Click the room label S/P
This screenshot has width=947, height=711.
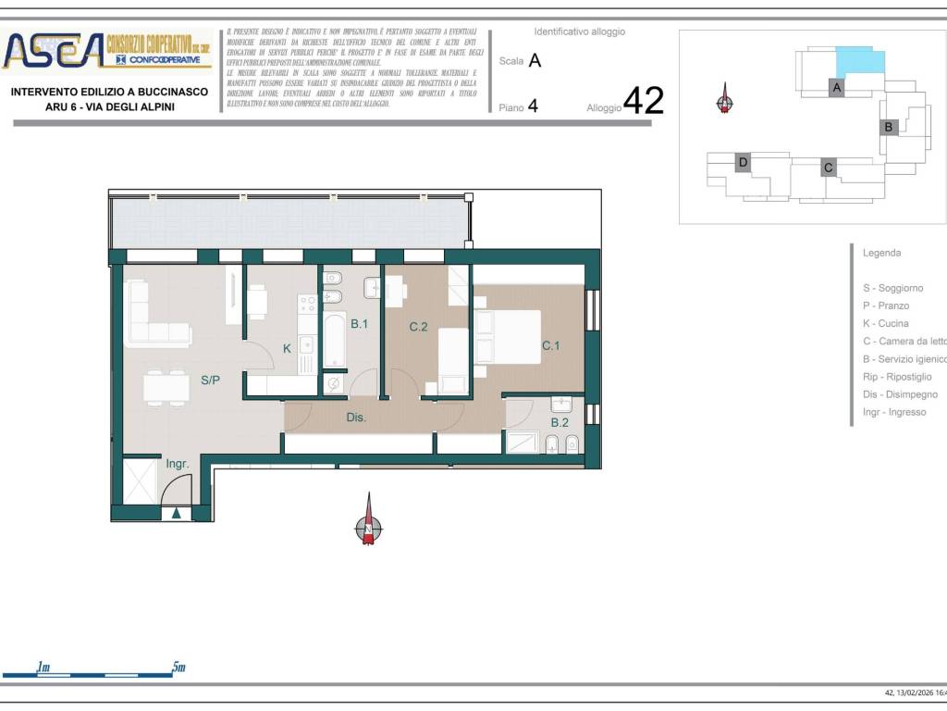coord(210,380)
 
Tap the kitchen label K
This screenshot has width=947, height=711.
coord(287,349)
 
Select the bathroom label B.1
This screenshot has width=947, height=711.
coord(360,324)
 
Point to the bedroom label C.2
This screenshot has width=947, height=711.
coord(419,327)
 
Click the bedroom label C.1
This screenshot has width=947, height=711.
coord(551,345)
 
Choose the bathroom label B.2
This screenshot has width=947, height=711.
coord(560,423)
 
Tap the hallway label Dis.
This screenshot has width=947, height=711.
coord(356,418)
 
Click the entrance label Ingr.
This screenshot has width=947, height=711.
coord(177,464)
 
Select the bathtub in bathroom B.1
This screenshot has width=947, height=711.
coord(334,340)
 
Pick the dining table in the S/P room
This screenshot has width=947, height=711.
coord(166,387)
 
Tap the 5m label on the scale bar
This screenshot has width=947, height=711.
coord(178,667)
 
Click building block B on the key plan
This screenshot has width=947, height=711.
coord(888,127)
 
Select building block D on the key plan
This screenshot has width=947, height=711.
coord(742,163)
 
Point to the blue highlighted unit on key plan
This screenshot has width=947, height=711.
coord(860,63)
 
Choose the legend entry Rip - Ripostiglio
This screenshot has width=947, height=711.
coord(897,377)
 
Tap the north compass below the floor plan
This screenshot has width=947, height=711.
coord(368,524)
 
